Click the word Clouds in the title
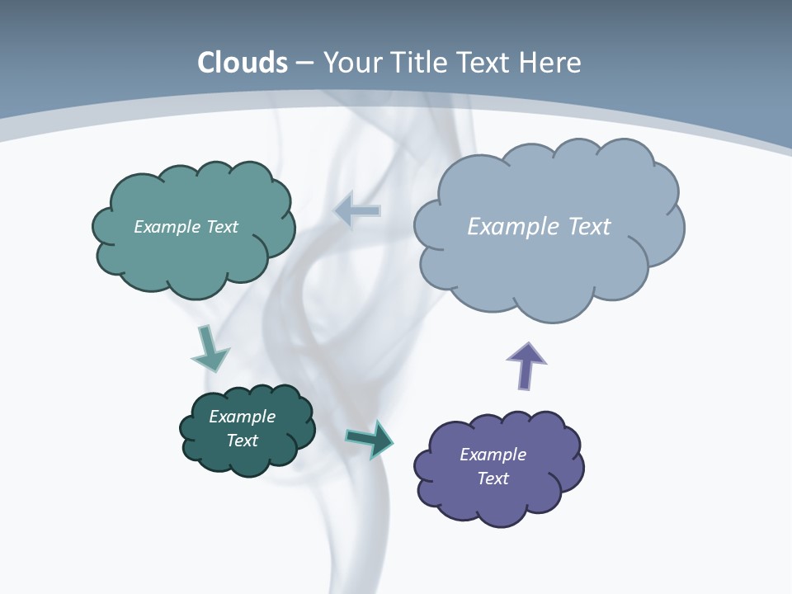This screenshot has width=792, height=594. [x=243, y=63]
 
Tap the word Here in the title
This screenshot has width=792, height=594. [x=550, y=63]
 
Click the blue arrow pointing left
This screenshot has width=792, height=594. [x=357, y=211]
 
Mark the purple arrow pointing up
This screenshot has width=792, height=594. [x=526, y=365]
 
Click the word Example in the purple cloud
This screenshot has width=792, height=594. [x=493, y=455]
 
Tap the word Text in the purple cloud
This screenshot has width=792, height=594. [x=493, y=478]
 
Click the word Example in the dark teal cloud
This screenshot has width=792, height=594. [x=242, y=417]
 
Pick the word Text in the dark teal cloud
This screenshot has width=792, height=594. [x=242, y=441]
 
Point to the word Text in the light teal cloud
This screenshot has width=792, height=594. [x=222, y=227]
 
